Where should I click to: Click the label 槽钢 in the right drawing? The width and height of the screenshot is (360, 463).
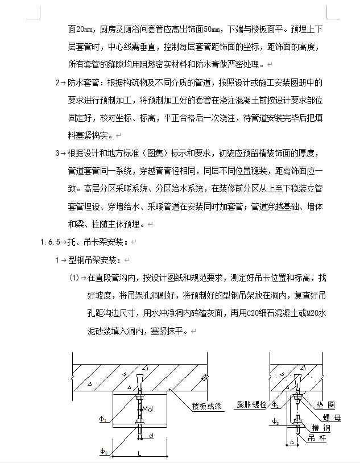(319, 427)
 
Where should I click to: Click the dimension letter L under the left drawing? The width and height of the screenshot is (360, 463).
(139, 453)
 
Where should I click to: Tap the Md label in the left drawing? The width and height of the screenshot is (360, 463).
(147, 408)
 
